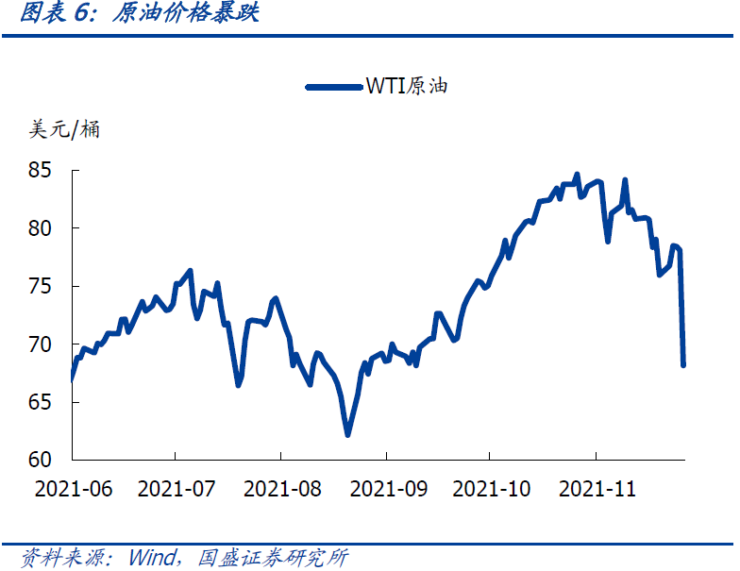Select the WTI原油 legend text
coord(407,87)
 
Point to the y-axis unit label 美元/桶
coord(65,129)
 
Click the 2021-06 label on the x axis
coord(72,489)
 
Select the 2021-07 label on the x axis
coord(177,489)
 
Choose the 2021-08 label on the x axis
coord(281,489)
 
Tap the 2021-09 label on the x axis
coord(386,489)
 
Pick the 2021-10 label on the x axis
coord(491,489)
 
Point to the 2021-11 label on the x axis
coord(597,489)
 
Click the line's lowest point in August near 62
coord(347,435)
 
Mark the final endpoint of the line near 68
coord(682,364)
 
